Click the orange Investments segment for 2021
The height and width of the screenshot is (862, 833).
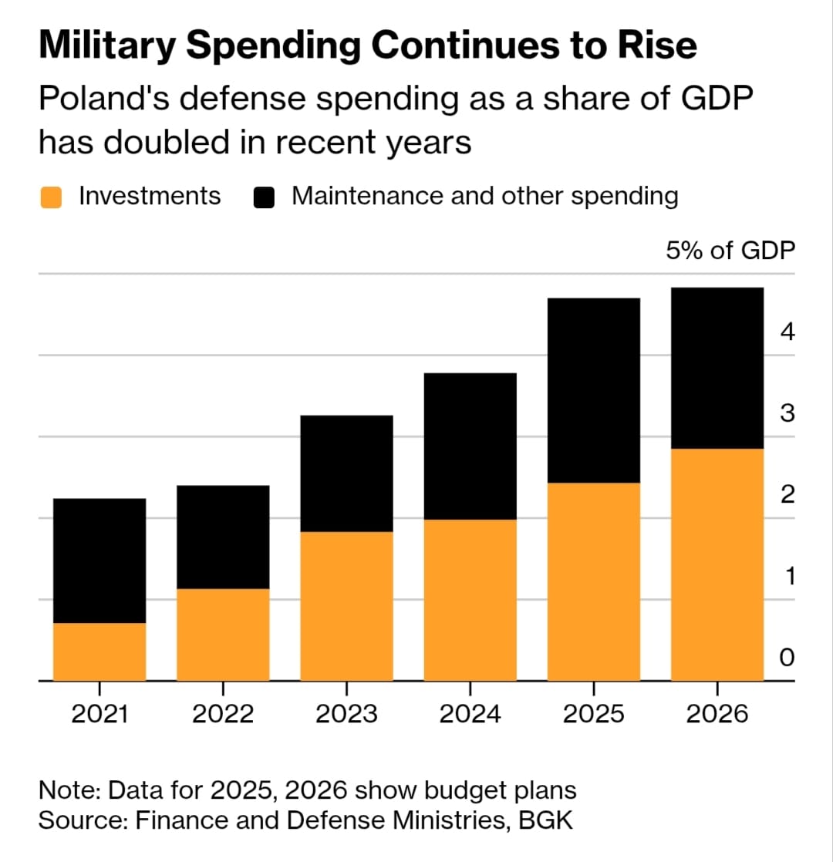click(99, 652)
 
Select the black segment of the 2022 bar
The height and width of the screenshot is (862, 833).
click(223, 537)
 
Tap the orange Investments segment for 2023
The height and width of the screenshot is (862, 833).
click(346, 606)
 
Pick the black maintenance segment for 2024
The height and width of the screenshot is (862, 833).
click(470, 446)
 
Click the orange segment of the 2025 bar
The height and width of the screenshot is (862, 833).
click(593, 581)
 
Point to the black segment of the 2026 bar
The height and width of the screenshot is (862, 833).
click(717, 368)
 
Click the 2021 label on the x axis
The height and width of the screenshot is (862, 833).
click(99, 714)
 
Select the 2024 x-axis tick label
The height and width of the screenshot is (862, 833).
click(470, 714)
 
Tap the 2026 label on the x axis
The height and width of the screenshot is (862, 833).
click(717, 714)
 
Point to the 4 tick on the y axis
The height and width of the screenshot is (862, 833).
click(787, 332)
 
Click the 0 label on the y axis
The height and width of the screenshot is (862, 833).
click(787, 658)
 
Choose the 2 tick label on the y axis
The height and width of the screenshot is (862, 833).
click(787, 494)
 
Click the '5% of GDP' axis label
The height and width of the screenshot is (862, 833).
click(730, 251)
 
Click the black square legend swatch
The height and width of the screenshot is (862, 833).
click(265, 197)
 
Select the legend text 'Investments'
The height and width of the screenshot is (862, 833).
click(150, 196)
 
